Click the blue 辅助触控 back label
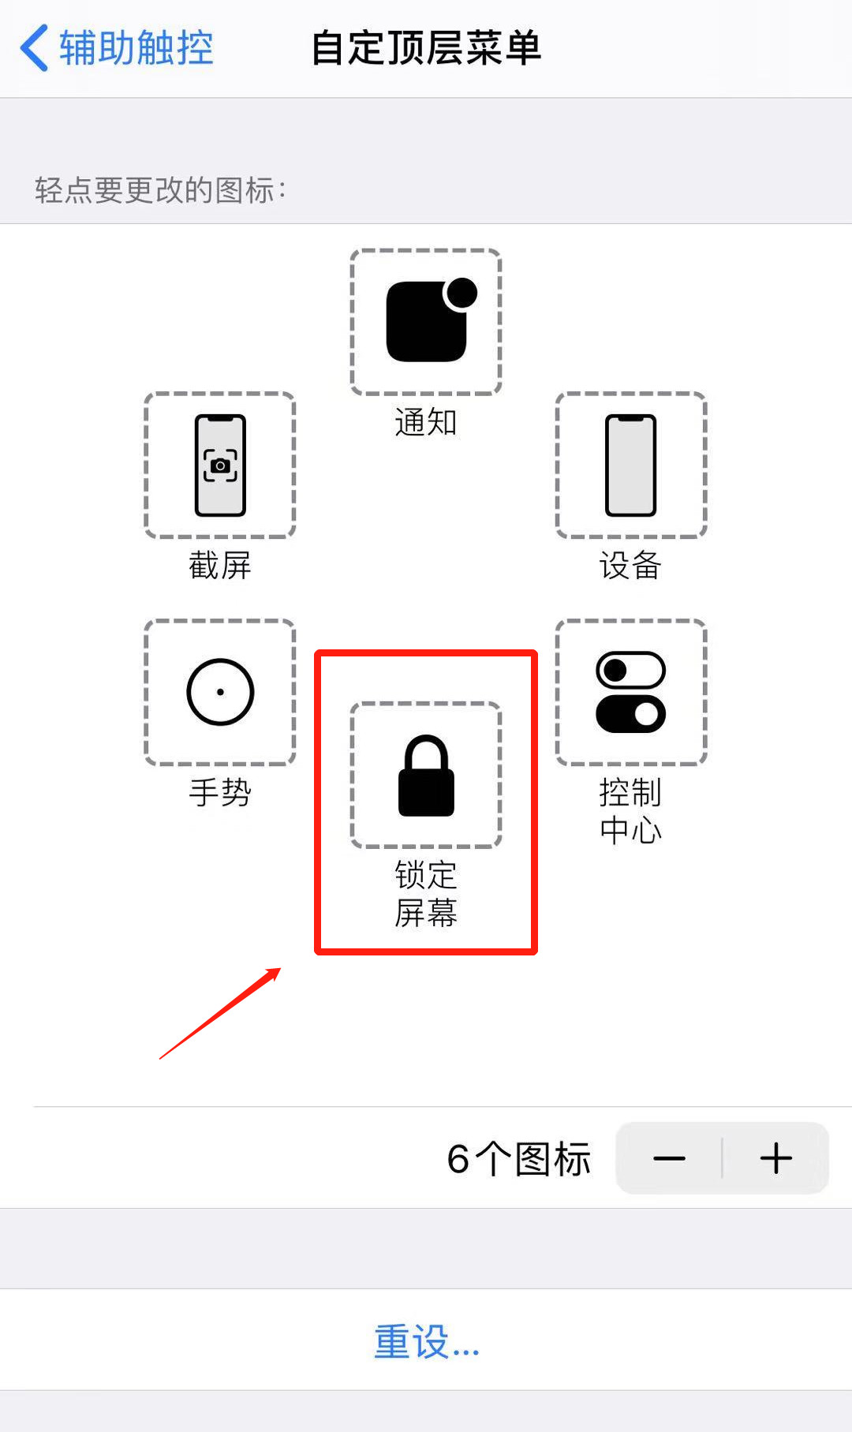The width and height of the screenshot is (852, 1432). point(136,48)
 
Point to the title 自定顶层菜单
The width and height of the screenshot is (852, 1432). point(426,48)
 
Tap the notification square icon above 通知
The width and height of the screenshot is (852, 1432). point(426,321)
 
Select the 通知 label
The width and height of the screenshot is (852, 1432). point(426,423)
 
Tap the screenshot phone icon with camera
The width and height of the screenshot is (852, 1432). point(220,465)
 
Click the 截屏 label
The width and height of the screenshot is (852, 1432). point(220,566)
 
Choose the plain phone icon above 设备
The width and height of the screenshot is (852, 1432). point(631,465)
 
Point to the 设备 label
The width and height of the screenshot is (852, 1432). point(631,566)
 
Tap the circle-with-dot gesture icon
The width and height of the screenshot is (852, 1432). point(220,692)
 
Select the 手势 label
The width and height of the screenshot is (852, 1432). point(220,792)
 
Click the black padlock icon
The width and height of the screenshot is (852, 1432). point(426,776)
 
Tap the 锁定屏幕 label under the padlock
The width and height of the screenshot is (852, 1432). point(426,894)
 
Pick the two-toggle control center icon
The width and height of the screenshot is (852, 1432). point(631,692)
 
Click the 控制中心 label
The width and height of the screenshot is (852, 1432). point(631,811)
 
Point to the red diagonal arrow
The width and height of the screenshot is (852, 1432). point(220,1013)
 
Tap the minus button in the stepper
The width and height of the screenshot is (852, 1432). point(669,1158)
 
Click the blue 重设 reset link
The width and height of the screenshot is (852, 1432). point(426,1341)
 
